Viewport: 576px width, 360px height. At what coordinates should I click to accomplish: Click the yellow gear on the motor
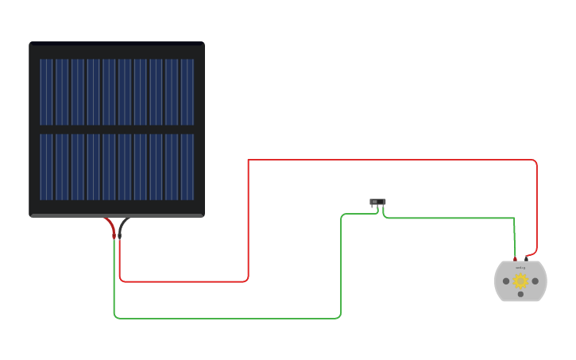[520, 281]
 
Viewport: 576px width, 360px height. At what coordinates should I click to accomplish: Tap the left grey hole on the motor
[506, 281]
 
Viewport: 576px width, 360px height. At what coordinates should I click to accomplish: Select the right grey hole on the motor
[535, 281]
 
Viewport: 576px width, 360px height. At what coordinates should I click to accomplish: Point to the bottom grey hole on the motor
[520, 295]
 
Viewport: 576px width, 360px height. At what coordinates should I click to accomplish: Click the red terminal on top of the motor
[515, 259]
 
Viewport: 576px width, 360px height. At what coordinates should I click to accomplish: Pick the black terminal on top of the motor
[526, 258]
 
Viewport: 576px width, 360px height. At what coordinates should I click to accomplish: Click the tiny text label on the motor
[520, 268]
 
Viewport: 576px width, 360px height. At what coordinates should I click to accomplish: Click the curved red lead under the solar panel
[110, 225]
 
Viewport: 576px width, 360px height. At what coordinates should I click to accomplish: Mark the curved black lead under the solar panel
[124, 225]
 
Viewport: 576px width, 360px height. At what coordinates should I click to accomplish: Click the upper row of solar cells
[117, 91]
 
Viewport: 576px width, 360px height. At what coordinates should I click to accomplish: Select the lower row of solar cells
[117, 167]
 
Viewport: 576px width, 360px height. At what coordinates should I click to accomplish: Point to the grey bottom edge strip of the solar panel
[117, 215]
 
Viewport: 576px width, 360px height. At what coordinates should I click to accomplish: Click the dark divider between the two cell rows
[117, 130]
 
